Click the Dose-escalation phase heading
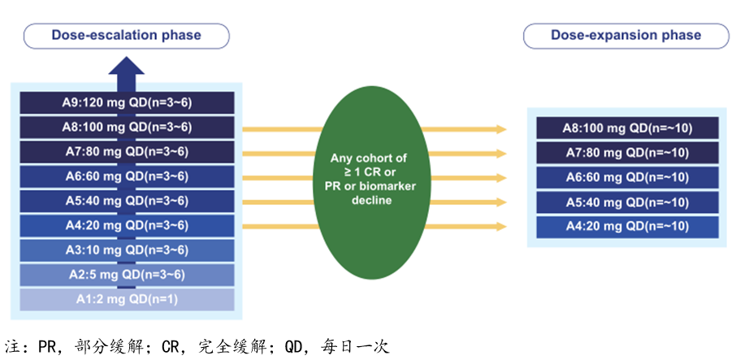point(126,35)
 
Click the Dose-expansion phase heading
point(626,35)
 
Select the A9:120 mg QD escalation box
point(127,102)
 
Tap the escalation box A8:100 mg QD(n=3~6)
point(127,127)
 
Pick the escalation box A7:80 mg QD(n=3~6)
point(127,151)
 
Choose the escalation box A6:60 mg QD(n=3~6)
point(127,176)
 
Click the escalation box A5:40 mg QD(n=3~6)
point(127,201)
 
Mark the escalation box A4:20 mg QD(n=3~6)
point(127,225)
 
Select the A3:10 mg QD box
point(127,249)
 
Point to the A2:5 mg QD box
point(127,275)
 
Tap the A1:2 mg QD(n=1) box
point(127,299)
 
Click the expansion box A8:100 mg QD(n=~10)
point(626,128)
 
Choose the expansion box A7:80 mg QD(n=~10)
point(626,153)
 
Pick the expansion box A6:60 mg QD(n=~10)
point(626,177)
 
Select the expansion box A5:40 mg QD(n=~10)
point(626,202)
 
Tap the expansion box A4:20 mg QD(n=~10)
point(626,227)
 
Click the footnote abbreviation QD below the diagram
point(293,347)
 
